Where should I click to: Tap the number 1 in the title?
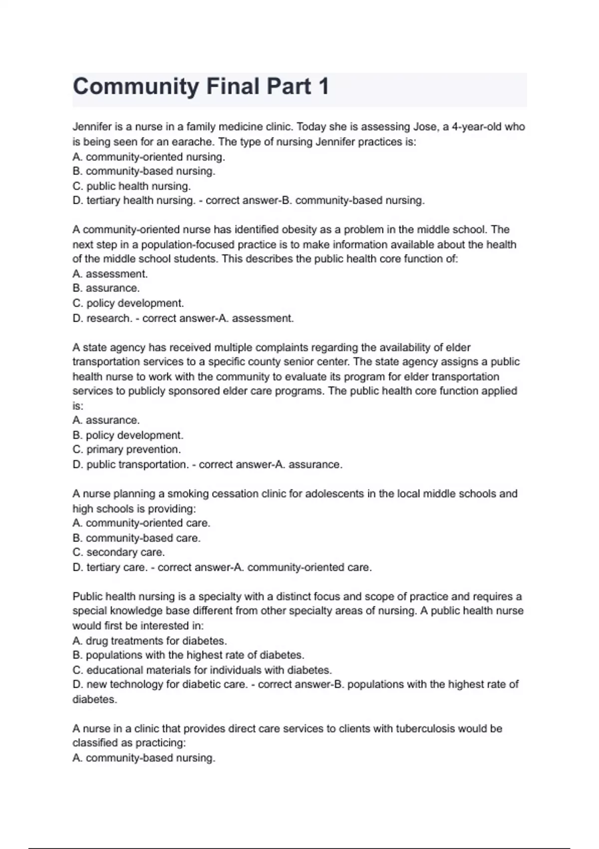coord(323,87)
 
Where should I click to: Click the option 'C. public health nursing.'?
coord(132,186)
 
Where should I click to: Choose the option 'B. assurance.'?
coord(106,288)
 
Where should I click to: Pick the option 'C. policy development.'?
coord(128,303)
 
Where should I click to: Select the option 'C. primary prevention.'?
coord(127,449)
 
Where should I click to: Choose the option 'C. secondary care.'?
coord(119,552)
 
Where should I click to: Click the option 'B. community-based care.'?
coord(136,538)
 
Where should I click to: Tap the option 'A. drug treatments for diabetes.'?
coord(150,641)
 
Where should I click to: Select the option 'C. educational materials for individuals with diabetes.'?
coord(202,670)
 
